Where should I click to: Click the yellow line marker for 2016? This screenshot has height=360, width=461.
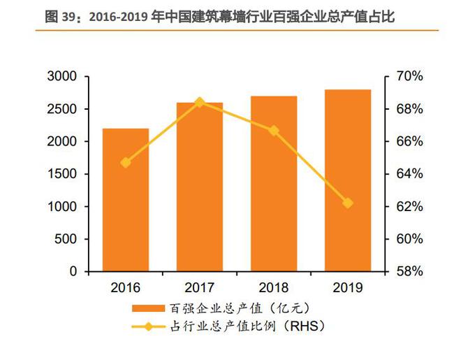tap(126, 162)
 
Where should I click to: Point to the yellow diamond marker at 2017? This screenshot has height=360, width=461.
tap(200, 102)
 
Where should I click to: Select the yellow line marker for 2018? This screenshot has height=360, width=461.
tap(274, 131)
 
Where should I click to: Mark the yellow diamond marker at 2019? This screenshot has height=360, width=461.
tap(348, 203)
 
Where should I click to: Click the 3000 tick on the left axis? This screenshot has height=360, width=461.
tap(64, 77)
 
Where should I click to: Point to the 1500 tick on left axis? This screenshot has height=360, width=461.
tap(64, 174)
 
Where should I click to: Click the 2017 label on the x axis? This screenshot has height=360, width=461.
tap(199, 287)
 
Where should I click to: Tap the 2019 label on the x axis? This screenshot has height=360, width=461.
tap(348, 287)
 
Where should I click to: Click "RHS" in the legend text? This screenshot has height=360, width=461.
tap(305, 325)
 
